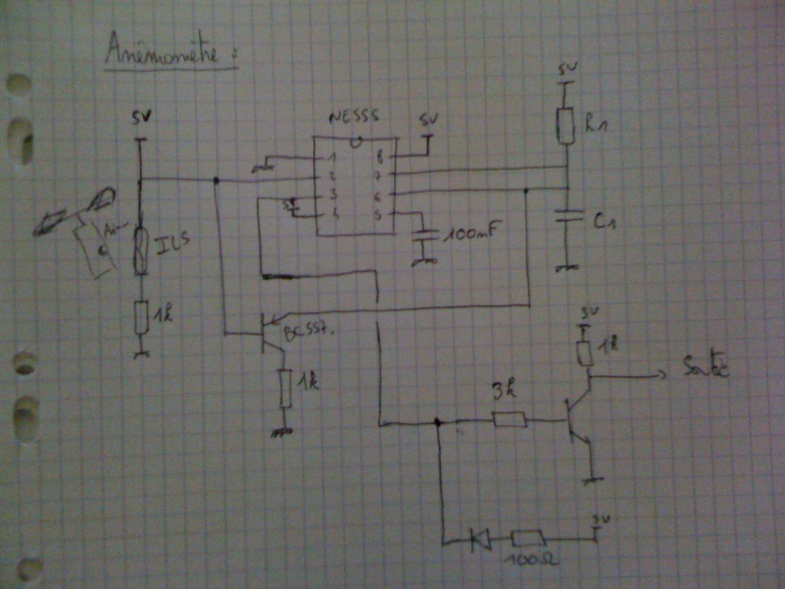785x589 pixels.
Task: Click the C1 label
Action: pos(605,221)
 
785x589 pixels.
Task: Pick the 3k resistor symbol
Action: pos(509,420)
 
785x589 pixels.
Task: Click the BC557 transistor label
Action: pos(310,334)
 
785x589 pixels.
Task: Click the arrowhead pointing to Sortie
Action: pos(661,374)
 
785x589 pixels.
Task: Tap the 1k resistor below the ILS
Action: pos(142,318)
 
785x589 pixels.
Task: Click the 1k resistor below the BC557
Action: pos(285,388)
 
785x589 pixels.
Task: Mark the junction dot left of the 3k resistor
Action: pos(437,422)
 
